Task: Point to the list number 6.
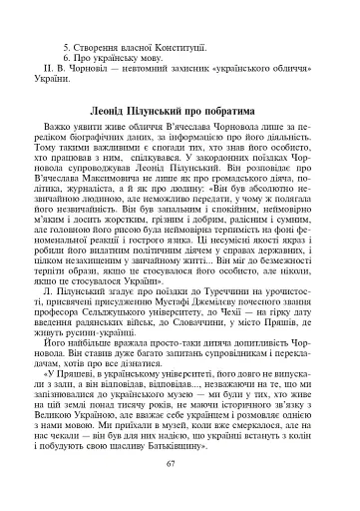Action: [66, 61]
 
